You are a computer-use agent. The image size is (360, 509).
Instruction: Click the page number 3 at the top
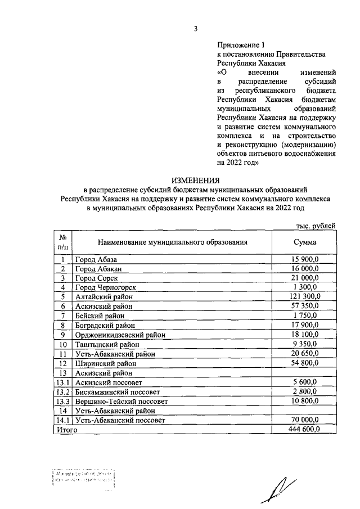pyautogui.click(x=195, y=29)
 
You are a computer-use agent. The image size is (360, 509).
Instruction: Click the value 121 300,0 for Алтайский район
pyautogui.click(x=305, y=296)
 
